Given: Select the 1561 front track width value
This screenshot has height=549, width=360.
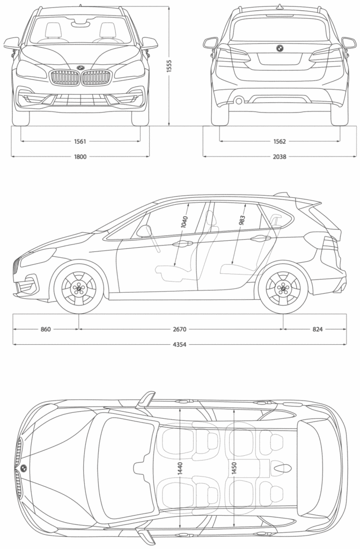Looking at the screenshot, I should [x=80, y=142].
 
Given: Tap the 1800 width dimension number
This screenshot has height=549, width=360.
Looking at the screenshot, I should [x=80, y=157].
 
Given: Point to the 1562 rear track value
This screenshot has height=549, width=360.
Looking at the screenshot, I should [x=279, y=142].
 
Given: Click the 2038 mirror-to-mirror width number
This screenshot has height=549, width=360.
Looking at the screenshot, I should [x=279, y=157].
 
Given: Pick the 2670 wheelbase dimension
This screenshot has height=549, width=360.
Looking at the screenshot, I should [x=180, y=329].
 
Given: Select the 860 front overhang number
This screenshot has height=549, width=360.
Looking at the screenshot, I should [x=45, y=329].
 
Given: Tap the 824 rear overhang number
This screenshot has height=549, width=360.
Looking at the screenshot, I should [x=318, y=329].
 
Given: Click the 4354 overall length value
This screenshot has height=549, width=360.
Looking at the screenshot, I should [x=180, y=344].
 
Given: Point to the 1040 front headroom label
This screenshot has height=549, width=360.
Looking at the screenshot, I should [x=184, y=222].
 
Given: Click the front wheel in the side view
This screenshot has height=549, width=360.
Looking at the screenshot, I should [x=79, y=288].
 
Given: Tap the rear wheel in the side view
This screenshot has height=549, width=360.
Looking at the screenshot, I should [x=283, y=288].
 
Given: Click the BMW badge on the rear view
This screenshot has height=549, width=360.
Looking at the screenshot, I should [x=279, y=48].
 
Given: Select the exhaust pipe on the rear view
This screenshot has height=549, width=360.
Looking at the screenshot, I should [x=238, y=99].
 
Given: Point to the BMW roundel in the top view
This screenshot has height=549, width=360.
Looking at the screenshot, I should [x=24, y=468].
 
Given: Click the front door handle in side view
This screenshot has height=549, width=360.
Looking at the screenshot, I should [x=182, y=244].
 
